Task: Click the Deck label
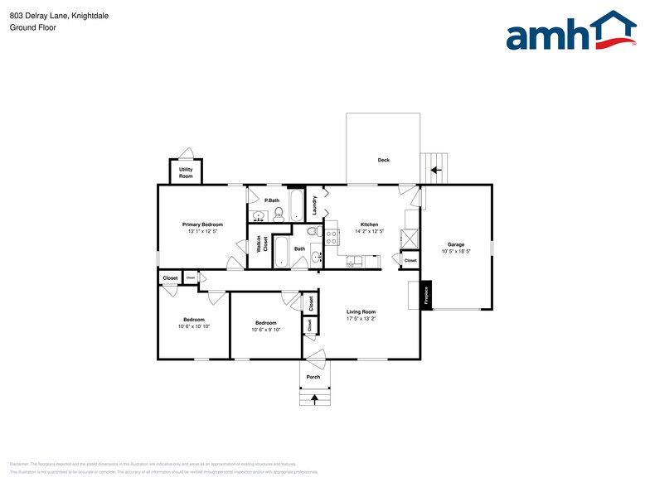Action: [383, 160]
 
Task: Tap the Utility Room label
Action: [186, 173]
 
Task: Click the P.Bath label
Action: [270, 200]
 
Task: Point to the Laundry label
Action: [315, 204]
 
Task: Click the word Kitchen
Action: [369, 224]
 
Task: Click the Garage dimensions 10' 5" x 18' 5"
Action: [456, 251]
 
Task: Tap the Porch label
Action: [313, 377]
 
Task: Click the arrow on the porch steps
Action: [313, 398]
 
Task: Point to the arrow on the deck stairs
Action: [434, 170]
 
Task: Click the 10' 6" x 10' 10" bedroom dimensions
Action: [194, 326]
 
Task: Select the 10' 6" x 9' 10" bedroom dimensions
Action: [266, 330]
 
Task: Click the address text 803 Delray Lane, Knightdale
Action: [59, 15]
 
